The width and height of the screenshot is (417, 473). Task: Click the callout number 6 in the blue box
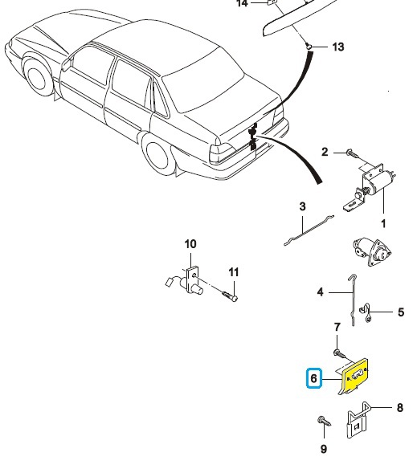[x=314, y=378]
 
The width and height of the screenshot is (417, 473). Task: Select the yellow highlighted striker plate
[x=355, y=377]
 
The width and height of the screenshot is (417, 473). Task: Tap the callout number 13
[x=338, y=47]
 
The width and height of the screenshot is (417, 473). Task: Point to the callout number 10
[x=190, y=244]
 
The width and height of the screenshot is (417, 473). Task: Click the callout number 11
[x=234, y=272]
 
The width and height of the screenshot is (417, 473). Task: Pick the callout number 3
[x=302, y=206]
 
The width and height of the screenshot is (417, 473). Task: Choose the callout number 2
[x=325, y=152]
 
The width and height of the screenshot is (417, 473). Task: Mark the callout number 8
[x=400, y=408]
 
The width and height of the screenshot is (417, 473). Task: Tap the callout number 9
[x=324, y=449]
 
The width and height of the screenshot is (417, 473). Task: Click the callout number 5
[x=401, y=312]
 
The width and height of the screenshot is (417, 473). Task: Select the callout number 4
[x=320, y=292]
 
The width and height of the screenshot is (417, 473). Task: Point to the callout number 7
[x=337, y=327]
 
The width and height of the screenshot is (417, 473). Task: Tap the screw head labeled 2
[x=350, y=153]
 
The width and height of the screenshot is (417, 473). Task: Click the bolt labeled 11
[x=230, y=296]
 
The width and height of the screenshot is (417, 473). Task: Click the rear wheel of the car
[x=157, y=155]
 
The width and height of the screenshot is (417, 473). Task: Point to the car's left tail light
[x=221, y=153]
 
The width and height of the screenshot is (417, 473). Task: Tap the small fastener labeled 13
[x=309, y=46]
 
